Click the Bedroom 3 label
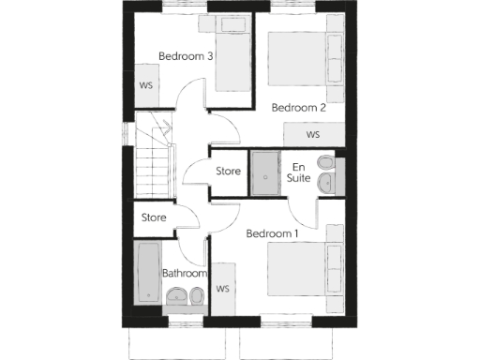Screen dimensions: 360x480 point(186,56)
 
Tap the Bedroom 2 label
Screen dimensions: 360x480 point(298,108)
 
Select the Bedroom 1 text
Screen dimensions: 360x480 point(272,232)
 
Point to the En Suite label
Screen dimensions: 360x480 point(298,172)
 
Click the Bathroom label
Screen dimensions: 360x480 point(184,273)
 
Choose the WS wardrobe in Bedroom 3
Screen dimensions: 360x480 point(146,85)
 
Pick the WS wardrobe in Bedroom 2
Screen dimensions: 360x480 point(312,134)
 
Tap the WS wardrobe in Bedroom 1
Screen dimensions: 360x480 point(223,289)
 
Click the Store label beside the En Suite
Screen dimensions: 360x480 point(229,172)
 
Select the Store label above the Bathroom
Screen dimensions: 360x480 point(154,217)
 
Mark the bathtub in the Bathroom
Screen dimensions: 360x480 point(148,273)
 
